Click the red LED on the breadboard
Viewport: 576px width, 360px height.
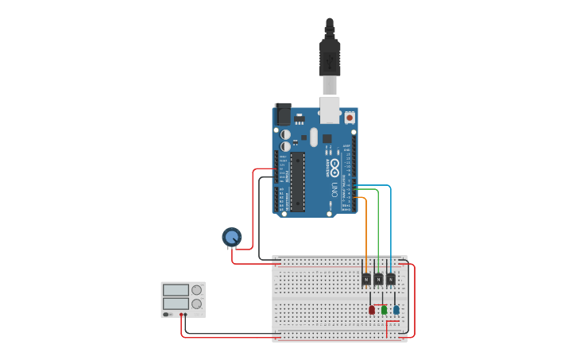click(x=372, y=309)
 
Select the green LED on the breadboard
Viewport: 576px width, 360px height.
click(x=384, y=309)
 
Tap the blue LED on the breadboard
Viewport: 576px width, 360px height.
click(x=396, y=309)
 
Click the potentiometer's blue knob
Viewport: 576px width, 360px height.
click(x=231, y=236)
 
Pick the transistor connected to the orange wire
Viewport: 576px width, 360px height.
click(x=365, y=279)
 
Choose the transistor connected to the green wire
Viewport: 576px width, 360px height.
click(x=378, y=279)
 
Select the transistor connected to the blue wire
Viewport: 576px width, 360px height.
click(x=391, y=279)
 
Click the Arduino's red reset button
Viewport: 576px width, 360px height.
click(x=349, y=118)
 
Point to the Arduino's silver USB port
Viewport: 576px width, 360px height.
click(x=330, y=109)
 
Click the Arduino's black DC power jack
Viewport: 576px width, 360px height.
click(x=283, y=114)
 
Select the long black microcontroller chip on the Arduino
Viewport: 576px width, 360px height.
click(x=297, y=182)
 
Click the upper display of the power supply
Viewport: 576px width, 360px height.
click(x=176, y=290)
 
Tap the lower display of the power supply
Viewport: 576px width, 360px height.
click(x=176, y=304)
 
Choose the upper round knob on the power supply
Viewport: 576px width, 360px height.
click(x=196, y=290)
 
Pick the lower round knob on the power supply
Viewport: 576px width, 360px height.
click(x=196, y=304)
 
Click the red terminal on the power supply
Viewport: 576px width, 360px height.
click(x=181, y=315)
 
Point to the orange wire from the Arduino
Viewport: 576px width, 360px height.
click(x=365, y=230)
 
